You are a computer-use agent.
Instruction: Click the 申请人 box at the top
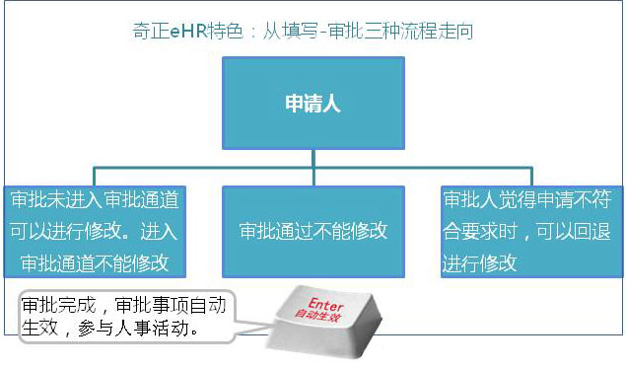(313, 103)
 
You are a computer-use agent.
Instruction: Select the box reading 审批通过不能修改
(313, 231)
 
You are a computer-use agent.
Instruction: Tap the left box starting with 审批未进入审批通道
(96, 231)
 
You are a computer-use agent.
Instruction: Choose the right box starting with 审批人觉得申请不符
(526, 231)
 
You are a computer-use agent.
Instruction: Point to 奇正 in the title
(151, 32)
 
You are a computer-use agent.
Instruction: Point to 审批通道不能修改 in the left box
(96, 263)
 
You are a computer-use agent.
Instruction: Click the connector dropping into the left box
(96, 179)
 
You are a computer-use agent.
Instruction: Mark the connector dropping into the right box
(526, 179)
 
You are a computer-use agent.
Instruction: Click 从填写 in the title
(284, 32)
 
